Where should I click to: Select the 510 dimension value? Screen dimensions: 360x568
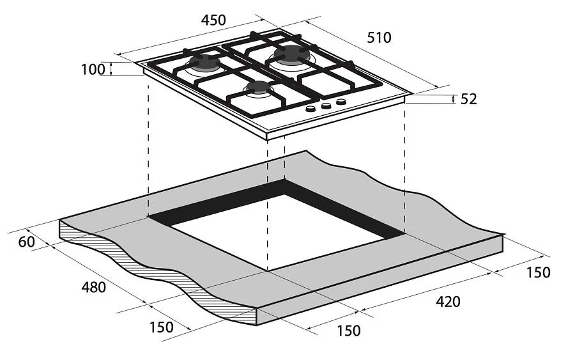point(379,38)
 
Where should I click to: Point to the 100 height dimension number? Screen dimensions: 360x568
point(93,69)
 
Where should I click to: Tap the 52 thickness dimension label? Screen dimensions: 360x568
point(468,99)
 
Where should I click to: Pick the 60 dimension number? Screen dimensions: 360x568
point(27,242)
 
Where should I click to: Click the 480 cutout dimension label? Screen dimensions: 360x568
point(93,287)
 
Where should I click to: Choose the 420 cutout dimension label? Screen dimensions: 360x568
point(447,301)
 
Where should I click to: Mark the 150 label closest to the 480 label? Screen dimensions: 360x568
point(160,327)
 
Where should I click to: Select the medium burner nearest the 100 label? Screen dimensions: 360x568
point(204,63)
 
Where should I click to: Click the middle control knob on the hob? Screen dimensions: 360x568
point(326,106)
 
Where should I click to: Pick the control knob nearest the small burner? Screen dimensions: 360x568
point(311,110)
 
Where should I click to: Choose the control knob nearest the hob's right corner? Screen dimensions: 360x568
point(341,102)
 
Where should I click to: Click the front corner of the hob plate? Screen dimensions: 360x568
point(266,136)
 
